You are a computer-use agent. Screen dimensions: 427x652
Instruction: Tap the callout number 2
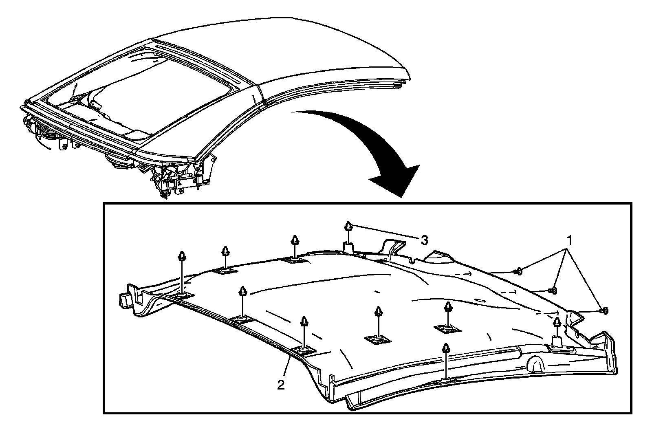[281, 385]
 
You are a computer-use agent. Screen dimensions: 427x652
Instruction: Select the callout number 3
[424, 240]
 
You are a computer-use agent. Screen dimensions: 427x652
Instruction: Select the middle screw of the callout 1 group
[553, 290]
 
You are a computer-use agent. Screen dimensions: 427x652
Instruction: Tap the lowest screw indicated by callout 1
[604, 311]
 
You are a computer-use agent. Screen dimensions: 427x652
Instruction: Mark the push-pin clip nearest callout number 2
[304, 322]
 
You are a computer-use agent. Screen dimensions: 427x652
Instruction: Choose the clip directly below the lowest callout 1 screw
[557, 323]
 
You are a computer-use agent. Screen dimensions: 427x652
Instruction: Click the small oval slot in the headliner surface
[479, 302]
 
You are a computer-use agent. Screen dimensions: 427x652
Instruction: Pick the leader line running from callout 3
[385, 232]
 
